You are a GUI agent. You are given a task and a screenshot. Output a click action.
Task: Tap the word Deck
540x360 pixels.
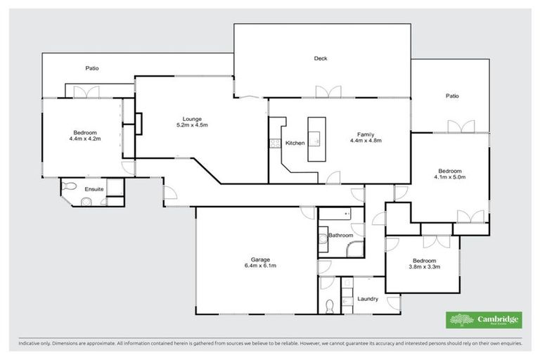pyautogui.click(x=321, y=59)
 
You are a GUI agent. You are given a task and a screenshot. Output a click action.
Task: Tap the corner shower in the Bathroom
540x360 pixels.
pyautogui.click(x=357, y=247)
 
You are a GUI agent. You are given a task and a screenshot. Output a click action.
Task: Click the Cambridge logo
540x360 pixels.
pyautogui.click(x=484, y=319)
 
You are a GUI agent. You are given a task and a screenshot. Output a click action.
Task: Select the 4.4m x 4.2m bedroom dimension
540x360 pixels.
pyautogui.click(x=84, y=139)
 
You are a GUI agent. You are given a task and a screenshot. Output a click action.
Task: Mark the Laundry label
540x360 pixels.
pyautogui.click(x=368, y=299)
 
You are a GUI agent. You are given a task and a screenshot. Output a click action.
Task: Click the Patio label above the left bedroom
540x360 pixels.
pyautogui.click(x=92, y=68)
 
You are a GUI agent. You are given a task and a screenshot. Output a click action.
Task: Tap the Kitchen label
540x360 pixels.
pyautogui.click(x=295, y=143)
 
